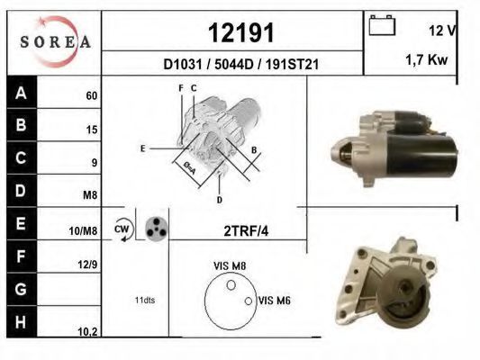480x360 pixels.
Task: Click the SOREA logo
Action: (x=55, y=41)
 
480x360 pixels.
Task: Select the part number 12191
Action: (x=241, y=32)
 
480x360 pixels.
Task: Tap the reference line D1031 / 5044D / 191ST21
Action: (x=241, y=64)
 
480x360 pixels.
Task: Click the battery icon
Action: (x=382, y=26)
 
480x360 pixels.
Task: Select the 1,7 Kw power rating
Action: (x=427, y=59)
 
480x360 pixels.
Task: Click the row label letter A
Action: (x=21, y=93)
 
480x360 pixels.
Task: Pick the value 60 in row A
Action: (x=92, y=95)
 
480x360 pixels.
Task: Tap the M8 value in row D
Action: (x=90, y=194)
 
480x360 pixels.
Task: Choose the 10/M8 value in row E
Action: (x=83, y=231)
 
